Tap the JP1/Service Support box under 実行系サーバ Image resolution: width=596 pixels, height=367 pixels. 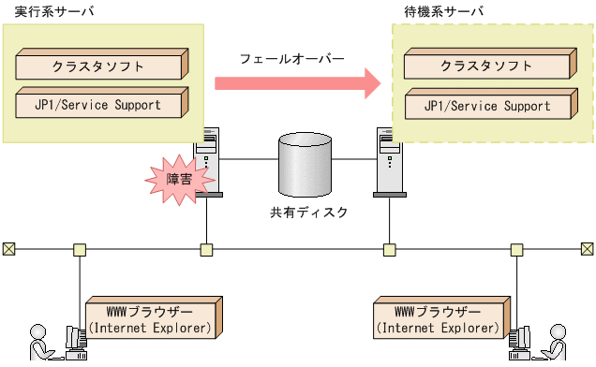tap(102, 105)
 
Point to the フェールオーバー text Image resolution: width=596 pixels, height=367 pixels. tap(291, 58)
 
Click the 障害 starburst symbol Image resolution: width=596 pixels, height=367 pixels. tap(174, 178)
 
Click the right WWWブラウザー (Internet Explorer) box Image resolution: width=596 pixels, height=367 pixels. tap(439, 319)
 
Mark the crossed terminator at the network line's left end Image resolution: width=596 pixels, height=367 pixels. tap(8, 249)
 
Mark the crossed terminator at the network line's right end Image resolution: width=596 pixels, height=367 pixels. tap(588, 249)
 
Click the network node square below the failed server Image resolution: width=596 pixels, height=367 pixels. tap(206, 250)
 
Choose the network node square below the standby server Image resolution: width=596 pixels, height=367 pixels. tap(389, 250)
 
